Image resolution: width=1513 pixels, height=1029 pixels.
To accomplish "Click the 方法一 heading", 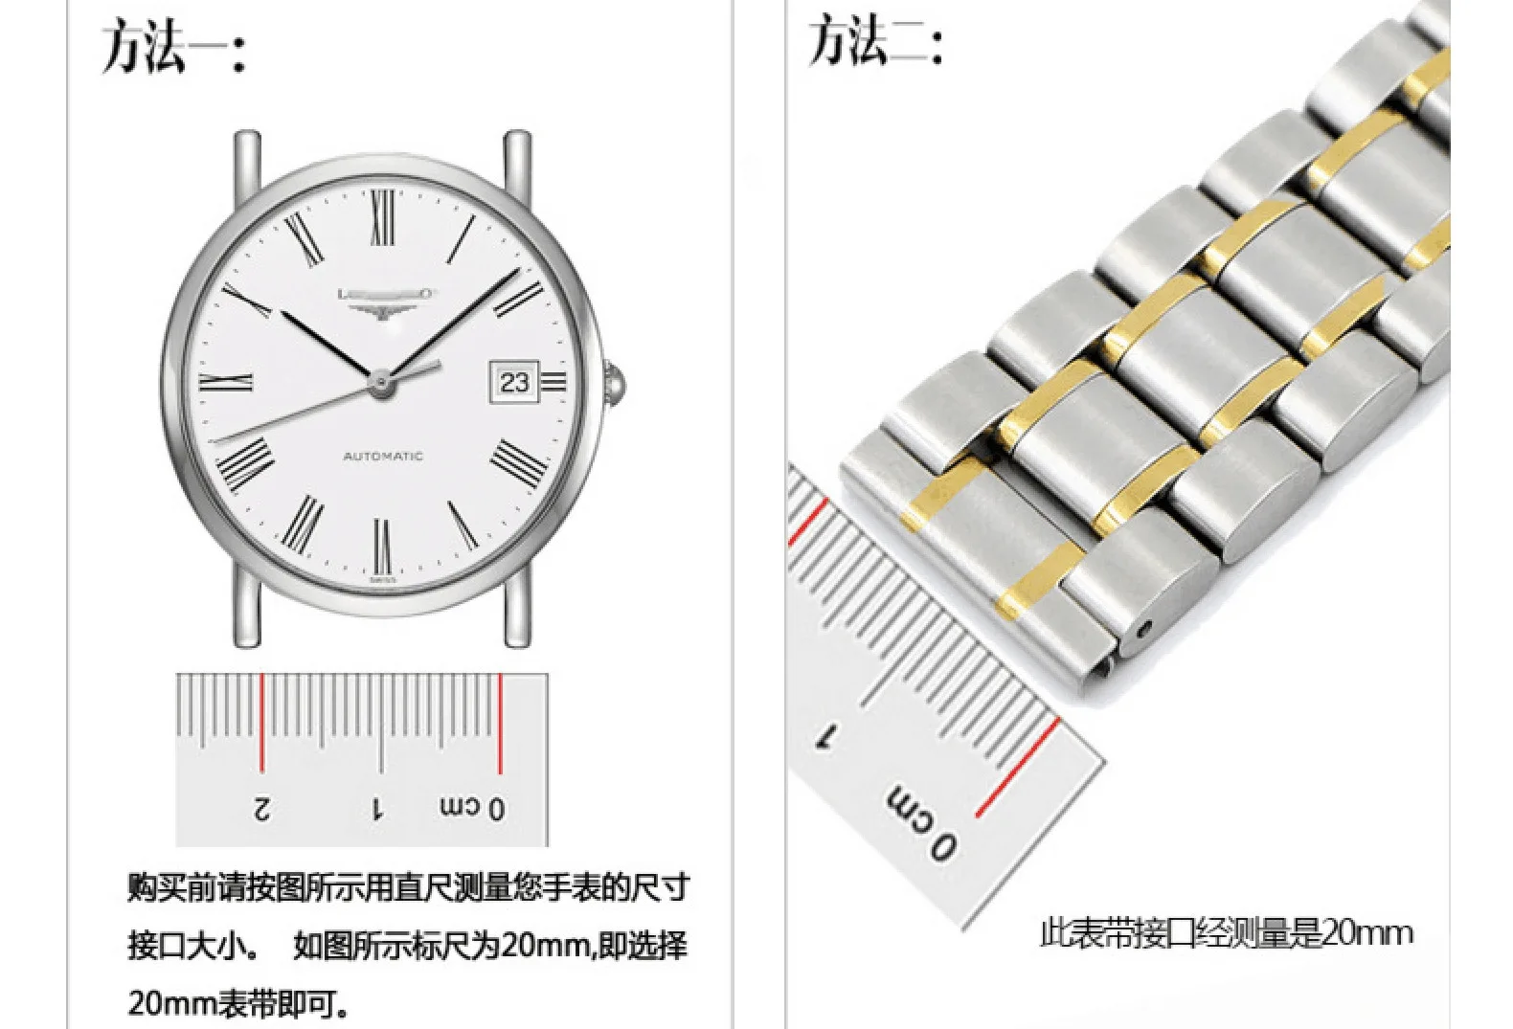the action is [x=173, y=48].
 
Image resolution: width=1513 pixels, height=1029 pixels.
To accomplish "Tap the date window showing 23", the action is [x=514, y=382].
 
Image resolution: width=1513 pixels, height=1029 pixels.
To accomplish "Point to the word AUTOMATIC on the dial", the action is [x=383, y=457].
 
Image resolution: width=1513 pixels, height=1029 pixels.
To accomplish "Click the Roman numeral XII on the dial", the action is [x=383, y=212].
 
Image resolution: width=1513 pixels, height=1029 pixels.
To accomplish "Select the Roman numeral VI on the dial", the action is [x=383, y=546].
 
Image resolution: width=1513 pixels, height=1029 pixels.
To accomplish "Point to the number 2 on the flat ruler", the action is [x=261, y=809].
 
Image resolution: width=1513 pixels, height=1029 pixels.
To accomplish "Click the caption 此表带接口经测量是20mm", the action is [x=1226, y=932].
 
